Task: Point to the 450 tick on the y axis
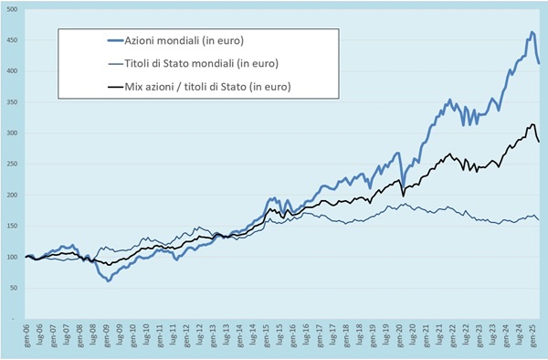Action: [13, 40]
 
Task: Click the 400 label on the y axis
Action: [13, 71]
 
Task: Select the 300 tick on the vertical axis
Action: [13, 133]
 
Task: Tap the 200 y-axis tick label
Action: [13, 196]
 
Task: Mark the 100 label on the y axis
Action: [13, 258]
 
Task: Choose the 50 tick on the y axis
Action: [15, 289]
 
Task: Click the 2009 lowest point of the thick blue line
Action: [109, 281]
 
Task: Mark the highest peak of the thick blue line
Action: [532, 33]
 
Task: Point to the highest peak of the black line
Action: [532, 125]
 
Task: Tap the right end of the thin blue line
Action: [539, 220]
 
